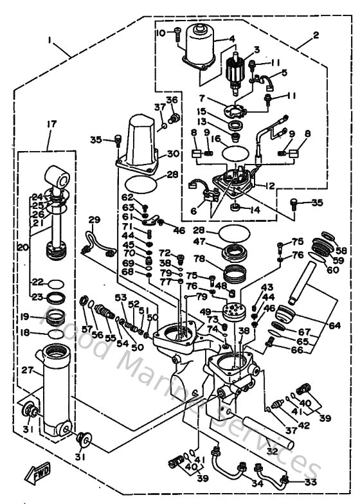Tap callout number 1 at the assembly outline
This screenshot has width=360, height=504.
pos(49,39)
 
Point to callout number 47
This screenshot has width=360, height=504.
pos(199,243)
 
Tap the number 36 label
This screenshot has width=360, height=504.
pos(171,100)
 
